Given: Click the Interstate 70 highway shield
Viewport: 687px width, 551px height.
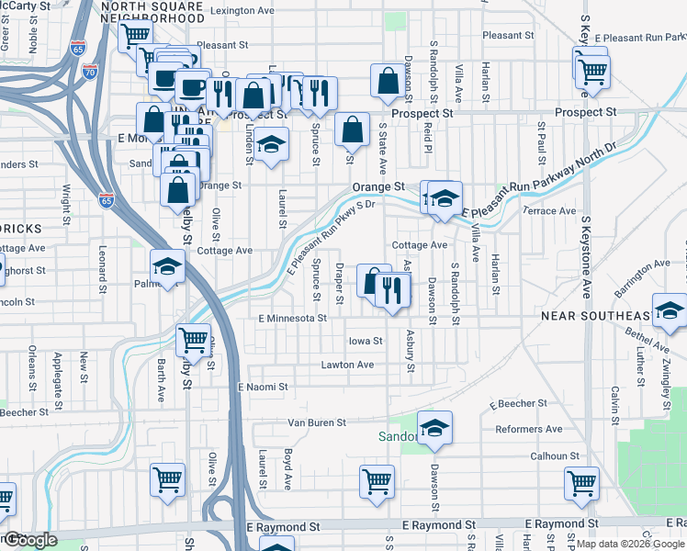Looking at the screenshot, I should coord(89,69).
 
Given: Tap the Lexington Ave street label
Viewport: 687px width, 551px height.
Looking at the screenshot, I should coord(243,11).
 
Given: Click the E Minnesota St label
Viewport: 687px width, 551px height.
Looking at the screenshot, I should coord(292,318).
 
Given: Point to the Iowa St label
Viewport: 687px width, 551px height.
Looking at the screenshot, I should coord(366,341).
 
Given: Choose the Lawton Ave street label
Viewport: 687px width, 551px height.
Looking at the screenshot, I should coord(347,365).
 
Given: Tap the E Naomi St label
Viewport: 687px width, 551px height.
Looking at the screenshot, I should coord(263,388).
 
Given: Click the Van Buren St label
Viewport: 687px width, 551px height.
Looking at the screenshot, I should coord(317,422).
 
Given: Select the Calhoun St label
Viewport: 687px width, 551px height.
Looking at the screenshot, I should coord(555,455).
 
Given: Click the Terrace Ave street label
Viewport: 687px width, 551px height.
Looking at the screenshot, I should coord(549,210).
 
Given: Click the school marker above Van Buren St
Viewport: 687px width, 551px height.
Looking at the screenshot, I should coord(434,427).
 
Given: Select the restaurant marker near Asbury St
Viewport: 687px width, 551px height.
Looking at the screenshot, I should coord(393,291).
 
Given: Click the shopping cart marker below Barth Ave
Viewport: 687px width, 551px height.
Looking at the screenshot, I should coord(168,479).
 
